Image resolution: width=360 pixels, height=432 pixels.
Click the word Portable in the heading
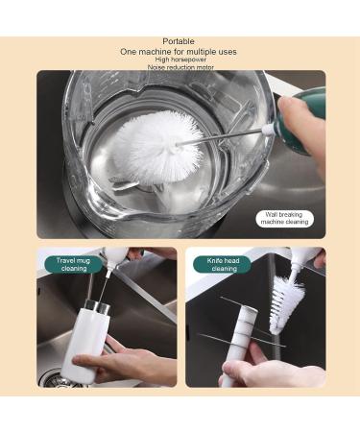click(x=179, y=41)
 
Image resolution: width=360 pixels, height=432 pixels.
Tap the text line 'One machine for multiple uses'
click(x=179, y=51)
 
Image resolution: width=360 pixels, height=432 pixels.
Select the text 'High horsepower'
click(x=179, y=60)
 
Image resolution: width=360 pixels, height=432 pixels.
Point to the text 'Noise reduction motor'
click(x=179, y=67)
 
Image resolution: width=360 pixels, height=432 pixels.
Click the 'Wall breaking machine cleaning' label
click(x=285, y=219)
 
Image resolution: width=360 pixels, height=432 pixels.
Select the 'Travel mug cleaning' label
click(x=72, y=264)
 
